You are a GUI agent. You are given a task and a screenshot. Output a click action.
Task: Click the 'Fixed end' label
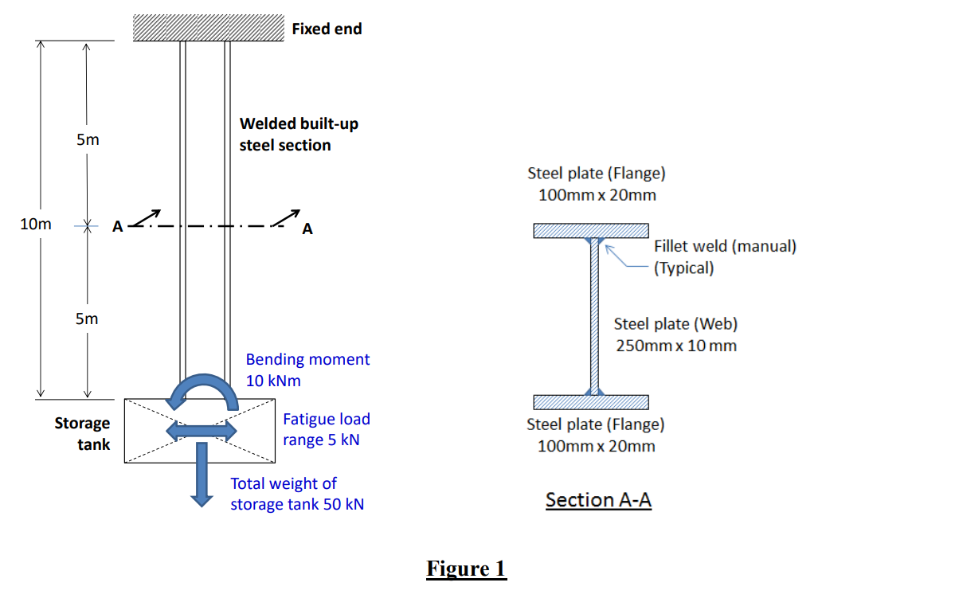coord(327,29)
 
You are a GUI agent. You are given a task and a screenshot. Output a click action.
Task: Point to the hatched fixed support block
coord(208,28)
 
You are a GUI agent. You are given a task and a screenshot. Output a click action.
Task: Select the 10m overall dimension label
coord(35,225)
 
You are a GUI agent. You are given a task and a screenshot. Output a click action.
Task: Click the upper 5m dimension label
coord(88,140)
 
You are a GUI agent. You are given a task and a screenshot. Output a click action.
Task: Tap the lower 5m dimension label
coord(88,319)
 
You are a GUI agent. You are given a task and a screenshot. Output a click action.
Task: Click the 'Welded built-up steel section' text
coord(299,135)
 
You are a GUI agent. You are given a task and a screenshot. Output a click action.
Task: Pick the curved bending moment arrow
coord(202,389)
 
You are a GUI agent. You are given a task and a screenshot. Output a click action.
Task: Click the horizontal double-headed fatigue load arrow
coord(202,431)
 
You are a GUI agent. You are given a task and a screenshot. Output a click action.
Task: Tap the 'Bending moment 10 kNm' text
coord(307,369)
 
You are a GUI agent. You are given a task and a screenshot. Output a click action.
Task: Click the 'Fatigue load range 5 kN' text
coord(326,429)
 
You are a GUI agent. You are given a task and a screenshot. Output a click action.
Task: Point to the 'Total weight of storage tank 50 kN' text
coord(297,494)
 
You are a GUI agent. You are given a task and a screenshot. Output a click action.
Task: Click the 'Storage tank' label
coord(82,434)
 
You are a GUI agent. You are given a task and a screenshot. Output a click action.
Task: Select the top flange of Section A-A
coord(591,231)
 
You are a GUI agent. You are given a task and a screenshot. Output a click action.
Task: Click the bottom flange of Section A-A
coord(591,401)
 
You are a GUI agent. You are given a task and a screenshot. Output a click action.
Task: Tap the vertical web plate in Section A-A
coord(593,319)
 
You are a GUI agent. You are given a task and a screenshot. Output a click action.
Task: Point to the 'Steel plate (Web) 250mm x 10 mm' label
coord(675,334)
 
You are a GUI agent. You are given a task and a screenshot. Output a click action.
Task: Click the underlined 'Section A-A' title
coord(598,500)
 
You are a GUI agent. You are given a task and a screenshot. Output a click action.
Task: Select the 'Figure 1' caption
coord(466,569)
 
